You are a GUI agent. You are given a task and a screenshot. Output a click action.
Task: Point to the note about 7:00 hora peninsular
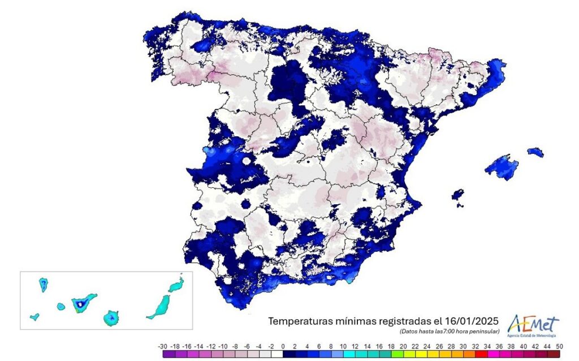coord(449,330)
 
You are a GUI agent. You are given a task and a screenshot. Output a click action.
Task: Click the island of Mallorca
coord(501,166)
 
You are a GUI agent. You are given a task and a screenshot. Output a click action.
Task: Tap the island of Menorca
coord(535,152)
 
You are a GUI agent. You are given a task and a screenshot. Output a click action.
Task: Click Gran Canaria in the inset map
coord(111,318)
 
